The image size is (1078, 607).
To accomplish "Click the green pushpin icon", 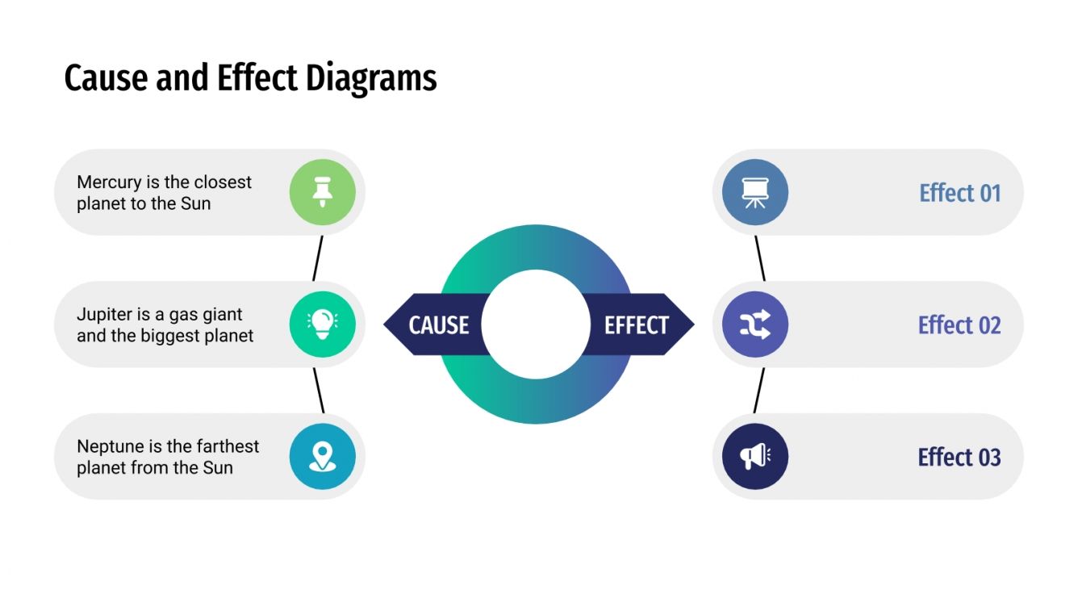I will pyautogui.click(x=323, y=192).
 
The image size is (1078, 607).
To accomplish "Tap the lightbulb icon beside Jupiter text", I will pyautogui.click(x=323, y=324).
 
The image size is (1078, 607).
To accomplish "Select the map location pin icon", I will pyautogui.click(x=323, y=456).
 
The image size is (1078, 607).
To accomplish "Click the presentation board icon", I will pyautogui.click(x=755, y=192).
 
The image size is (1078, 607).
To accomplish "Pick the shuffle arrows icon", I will pyautogui.click(x=755, y=324).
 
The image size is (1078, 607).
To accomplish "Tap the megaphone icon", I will pyautogui.click(x=755, y=456).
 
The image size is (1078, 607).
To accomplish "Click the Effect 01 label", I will pyautogui.click(x=959, y=193).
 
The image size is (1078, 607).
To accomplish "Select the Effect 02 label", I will pyautogui.click(x=959, y=324).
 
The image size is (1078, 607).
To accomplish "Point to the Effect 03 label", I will pyautogui.click(x=959, y=457).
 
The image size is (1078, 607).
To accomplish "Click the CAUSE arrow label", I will pyautogui.click(x=438, y=324).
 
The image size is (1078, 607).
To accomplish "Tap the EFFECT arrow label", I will pyautogui.click(x=637, y=324).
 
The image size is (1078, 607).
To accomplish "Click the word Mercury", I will pyautogui.click(x=108, y=182).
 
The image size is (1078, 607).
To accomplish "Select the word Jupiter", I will pyautogui.click(x=102, y=314).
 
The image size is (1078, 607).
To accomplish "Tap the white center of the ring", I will pyautogui.click(x=536, y=324).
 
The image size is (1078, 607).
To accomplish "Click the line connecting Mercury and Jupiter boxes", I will pyautogui.click(x=318, y=258).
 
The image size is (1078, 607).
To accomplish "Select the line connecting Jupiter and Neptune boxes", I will pyautogui.click(x=319, y=391).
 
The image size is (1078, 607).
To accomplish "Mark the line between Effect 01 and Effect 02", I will pyautogui.click(x=759, y=258).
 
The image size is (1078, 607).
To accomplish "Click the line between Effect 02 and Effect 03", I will pyautogui.click(x=758, y=391).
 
